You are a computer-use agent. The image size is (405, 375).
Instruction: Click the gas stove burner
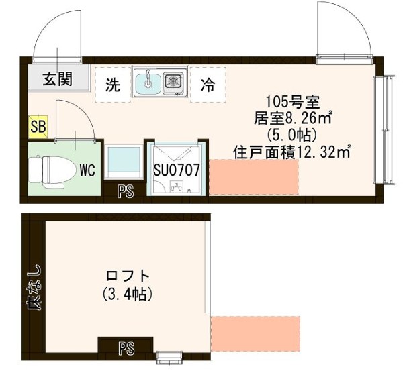[173, 82]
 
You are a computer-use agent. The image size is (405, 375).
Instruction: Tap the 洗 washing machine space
[112, 85]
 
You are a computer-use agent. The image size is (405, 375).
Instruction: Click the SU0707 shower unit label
[177, 170]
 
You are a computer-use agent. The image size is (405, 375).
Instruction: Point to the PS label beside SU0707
[126, 191]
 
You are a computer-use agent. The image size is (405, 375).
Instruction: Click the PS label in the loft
[126, 348]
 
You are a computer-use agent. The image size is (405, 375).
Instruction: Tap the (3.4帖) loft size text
[127, 294]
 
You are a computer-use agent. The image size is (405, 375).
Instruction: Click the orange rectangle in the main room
[254, 178]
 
